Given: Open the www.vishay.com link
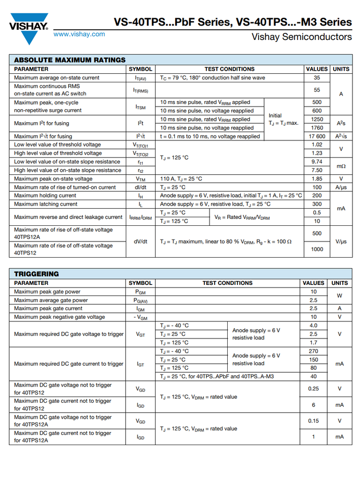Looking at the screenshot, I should pyautogui.click(x=79, y=34).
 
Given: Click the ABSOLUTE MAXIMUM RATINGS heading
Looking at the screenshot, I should pyautogui.click(x=70, y=60).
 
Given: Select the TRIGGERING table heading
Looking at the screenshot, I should pyautogui.click(x=36, y=274).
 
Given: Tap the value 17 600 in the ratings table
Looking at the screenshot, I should pyautogui.click(x=317, y=136).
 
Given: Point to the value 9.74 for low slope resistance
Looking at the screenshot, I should pyautogui.click(x=317, y=162).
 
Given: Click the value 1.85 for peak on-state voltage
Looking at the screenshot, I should pyautogui.click(x=317, y=179).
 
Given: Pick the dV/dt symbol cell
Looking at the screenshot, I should pyautogui.click(x=140, y=241).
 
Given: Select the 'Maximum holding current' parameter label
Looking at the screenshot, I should pyautogui.click(x=45, y=196).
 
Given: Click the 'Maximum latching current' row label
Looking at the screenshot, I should pyautogui.click(x=46, y=204).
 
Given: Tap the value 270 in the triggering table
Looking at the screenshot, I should pyautogui.click(x=313, y=351).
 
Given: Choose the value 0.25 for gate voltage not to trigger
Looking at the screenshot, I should pyautogui.click(x=313, y=389).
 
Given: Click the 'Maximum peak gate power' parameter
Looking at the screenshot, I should pyautogui.click(x=47, y=292).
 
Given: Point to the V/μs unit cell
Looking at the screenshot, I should pyautogui.click(x=341, y=241).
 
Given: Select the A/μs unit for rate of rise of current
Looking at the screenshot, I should pyautogui.click(x=341, y=187).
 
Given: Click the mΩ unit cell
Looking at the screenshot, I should pyautogui.click(x=341, y=166).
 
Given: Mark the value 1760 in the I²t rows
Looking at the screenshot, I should pyautogui.click(x=317, y=128).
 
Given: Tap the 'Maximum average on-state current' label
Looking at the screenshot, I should pyautogui.click(x=57, y=78).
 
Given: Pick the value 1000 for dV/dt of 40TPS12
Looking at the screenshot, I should pyautogui.click(x=317, y=249).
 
